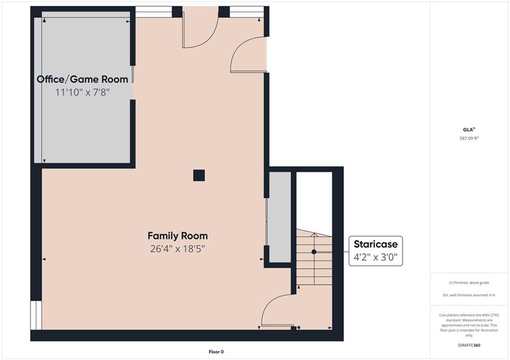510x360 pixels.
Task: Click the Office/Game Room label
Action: tap(82, 79)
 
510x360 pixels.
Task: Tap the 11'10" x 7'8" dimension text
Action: tap(82, 92)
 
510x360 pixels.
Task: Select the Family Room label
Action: tap(178, 236)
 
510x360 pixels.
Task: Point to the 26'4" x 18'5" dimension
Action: tap(178, 249)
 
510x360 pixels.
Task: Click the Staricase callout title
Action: tap(376, 244)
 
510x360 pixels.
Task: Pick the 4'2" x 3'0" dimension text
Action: tap(376, 257)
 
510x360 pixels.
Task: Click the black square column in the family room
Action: tap(199, 175)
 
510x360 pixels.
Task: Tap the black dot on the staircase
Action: tap(314, 252)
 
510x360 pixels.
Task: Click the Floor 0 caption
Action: tap(216, 352)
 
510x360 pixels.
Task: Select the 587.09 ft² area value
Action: tap(469, 138)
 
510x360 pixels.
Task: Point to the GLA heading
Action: tap(469, 129)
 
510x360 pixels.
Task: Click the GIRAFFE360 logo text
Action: tap(469, 345)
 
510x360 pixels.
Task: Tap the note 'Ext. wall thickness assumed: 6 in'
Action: tap(469, 295)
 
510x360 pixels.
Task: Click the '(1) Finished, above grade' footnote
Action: tap(469, 283)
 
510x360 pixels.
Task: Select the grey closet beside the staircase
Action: tap(280, 217)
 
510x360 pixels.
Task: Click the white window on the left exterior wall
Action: tap(36, 315)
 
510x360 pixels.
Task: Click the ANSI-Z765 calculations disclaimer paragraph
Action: tap(469, 325)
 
